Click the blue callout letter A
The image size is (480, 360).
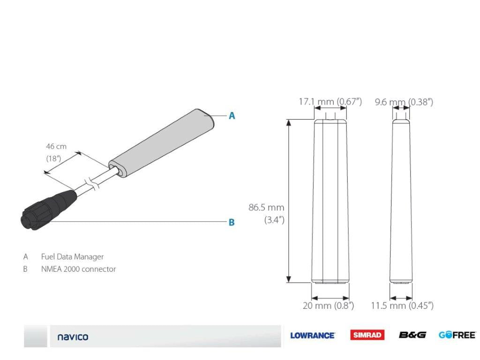point(232,116)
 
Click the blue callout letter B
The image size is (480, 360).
point(232,223)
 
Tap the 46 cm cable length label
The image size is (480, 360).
point(56,146)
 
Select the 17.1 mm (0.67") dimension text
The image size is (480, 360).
point(330,102)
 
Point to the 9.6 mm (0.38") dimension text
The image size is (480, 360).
point(404,102)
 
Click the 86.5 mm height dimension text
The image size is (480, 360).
point(266,207)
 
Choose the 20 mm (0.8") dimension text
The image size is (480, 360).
point(328,306)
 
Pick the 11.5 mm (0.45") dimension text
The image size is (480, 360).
point(402,306)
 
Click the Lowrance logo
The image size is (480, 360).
point(312,335)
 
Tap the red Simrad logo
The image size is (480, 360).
point(367,335)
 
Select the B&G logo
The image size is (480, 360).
point(412,335)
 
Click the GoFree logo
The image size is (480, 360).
point(457,335)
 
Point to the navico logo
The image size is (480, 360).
point(73,337)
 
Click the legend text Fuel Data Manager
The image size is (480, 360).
point(72,257)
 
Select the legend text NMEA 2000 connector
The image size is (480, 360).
point(78,269)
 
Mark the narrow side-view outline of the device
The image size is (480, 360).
point(401,202)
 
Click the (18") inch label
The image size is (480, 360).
point(53,158)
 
